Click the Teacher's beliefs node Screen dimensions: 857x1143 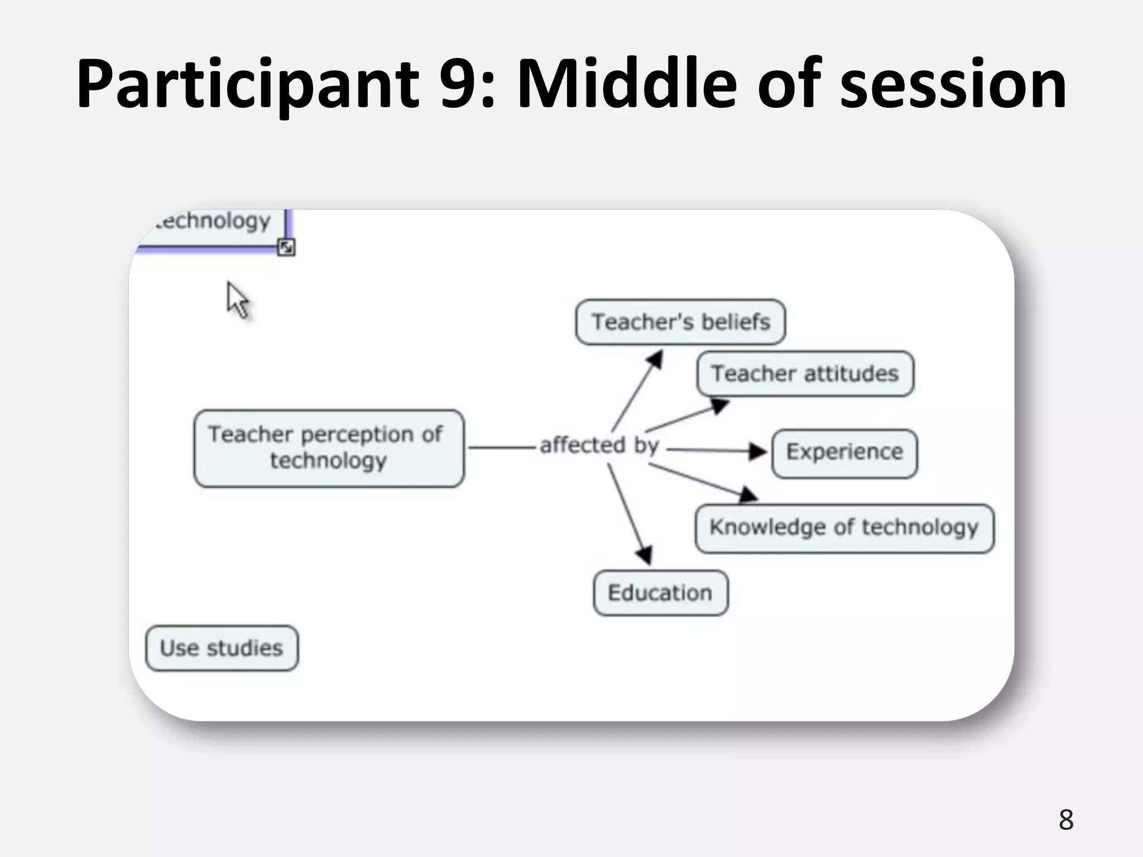(x=680, y=322)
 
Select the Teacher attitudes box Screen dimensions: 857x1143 (x=805, y=373)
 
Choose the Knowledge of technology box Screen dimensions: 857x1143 (x=844, y=528)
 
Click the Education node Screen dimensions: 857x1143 (x=660, y=593)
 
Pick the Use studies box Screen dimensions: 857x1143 (x=222, y=648)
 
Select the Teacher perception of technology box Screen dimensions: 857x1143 (x=329, y=448)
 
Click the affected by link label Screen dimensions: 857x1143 (x=599, y=445)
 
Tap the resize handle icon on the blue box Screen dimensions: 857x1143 (x=286, y=247)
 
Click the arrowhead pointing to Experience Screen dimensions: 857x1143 (x=758, y=451)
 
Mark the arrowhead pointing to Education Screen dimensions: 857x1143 (x=645, y=555)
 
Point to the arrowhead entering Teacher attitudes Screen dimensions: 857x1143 (x=719, y=406)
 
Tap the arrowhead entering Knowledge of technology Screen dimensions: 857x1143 (x=748, y=494)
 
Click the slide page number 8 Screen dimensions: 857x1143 (x=1065, y=820)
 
